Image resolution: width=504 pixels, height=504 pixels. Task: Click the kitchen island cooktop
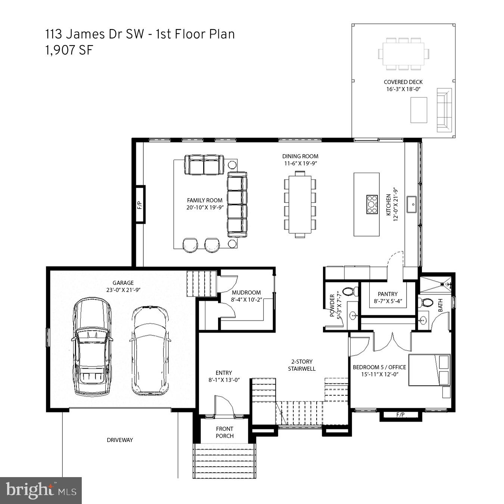coord(372,204)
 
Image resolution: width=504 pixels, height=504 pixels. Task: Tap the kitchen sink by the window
coord(412,204)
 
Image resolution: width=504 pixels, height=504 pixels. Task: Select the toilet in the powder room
coord(349,292)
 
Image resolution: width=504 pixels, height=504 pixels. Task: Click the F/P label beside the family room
coord(140,205)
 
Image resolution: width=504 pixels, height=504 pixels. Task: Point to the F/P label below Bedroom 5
coord(400,415)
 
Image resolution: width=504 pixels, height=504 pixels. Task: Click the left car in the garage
coord(91,347)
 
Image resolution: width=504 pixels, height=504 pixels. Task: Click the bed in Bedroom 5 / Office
coord(429,370)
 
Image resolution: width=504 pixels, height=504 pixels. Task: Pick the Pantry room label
coord(388,294)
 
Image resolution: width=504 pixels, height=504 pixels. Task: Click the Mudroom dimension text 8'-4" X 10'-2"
coord(246,299)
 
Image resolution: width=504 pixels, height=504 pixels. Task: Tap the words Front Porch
coord(224,432)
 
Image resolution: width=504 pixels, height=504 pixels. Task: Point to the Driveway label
coord(120,440)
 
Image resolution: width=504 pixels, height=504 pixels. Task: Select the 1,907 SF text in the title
coord(69,50)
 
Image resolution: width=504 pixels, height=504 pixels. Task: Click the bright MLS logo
coord(41,490)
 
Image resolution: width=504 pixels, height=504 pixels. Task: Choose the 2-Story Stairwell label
coord(302,365)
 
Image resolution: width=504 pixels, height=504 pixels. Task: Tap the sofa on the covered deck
coord(444,110)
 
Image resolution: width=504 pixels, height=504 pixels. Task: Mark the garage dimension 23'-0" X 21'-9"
coord(123,290)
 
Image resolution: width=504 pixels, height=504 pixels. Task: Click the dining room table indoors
coord(300,204)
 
